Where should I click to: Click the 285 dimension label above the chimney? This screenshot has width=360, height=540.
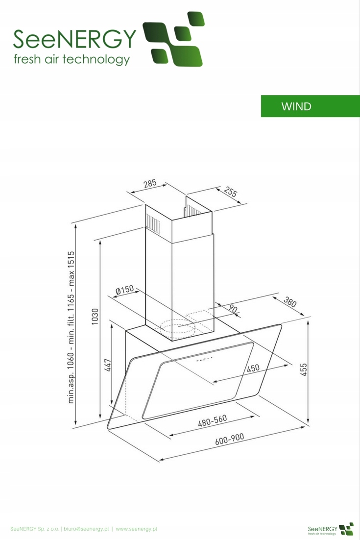(x=150, y=184)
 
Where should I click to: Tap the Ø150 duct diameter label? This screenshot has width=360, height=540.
(x=124, y=291)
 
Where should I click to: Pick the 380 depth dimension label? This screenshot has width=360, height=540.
(x=290, y=302)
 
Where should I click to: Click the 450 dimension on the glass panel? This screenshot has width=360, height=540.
(x=253, y=368)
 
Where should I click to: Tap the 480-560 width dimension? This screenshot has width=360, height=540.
(x=212, y=421)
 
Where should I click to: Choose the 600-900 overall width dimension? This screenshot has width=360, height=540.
(x=229, y=440)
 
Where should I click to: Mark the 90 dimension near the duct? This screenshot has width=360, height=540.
(x=233, y=310)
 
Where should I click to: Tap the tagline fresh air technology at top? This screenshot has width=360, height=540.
(x=72, y=60)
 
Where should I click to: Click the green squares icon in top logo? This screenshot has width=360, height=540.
(x=173, y=39)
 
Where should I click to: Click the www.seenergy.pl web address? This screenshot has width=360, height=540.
(x=136, y=529)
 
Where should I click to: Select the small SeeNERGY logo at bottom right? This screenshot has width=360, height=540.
(x=330, y=529)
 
